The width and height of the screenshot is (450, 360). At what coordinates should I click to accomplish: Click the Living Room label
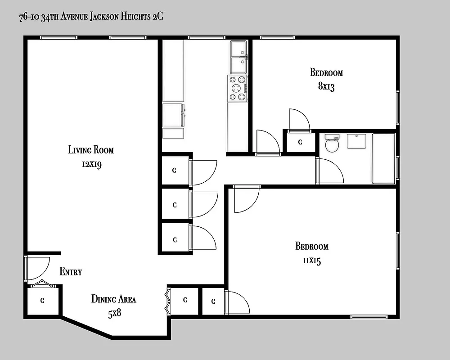91,149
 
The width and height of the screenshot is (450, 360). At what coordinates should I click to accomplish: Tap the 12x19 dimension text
91,164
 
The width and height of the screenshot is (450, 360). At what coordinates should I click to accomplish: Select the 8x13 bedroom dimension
326,86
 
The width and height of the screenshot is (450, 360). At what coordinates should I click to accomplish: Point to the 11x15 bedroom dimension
311,261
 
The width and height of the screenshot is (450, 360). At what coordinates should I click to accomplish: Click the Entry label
71,272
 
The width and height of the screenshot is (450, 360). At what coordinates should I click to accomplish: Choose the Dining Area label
113,299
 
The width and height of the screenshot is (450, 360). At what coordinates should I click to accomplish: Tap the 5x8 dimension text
114,313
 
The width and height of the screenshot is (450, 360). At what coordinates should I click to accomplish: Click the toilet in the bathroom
332,144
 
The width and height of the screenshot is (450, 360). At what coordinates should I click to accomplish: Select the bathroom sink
357,141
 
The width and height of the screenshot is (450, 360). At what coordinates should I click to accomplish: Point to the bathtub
383,158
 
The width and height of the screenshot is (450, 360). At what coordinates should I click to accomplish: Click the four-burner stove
238,89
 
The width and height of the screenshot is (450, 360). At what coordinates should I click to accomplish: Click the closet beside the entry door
42,301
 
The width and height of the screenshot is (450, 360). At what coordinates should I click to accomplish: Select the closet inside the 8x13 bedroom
300,142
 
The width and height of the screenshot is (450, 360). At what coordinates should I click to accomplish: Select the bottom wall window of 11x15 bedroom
369,317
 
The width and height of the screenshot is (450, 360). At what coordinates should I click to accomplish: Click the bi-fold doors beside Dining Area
168,300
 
